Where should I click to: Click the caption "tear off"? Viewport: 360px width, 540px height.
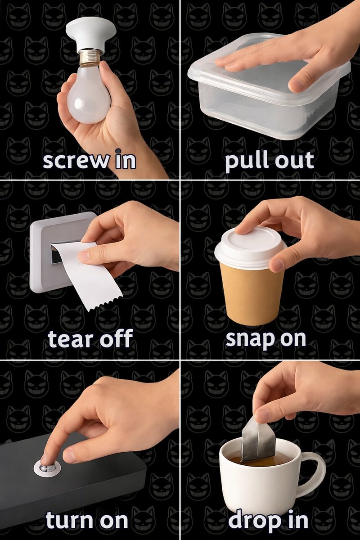point(90,339)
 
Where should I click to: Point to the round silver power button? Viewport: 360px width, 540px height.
point(47,468)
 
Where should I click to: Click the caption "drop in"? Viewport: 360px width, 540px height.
point(268,520)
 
